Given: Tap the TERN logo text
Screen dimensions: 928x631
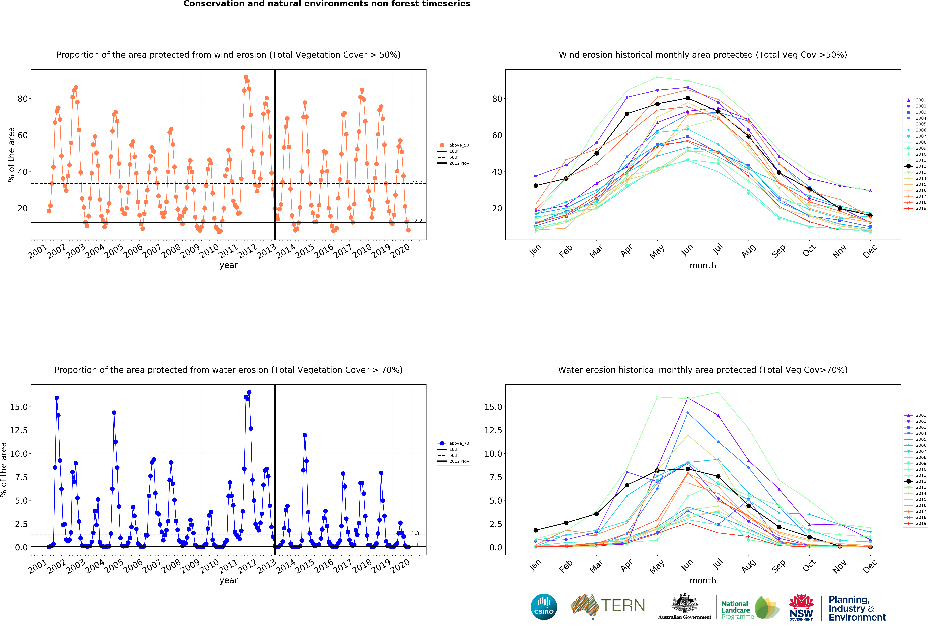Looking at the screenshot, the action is [623, 606].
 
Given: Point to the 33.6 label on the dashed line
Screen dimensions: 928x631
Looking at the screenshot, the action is [417, 181].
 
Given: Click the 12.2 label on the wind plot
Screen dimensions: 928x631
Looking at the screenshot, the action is [417, 221].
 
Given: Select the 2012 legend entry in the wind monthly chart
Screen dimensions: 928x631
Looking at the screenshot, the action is [915, 166].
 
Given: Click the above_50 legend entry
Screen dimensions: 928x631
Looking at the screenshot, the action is [453, 145].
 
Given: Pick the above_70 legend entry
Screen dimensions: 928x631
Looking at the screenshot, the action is [453, 443].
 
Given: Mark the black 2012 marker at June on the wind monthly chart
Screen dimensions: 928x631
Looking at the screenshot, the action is [688, 98].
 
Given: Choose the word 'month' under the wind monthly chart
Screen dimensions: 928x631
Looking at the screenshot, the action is [703, 265].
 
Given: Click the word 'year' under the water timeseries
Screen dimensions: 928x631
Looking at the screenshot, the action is [228, 580].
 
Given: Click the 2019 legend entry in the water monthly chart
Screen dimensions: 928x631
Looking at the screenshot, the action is [915, 523].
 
